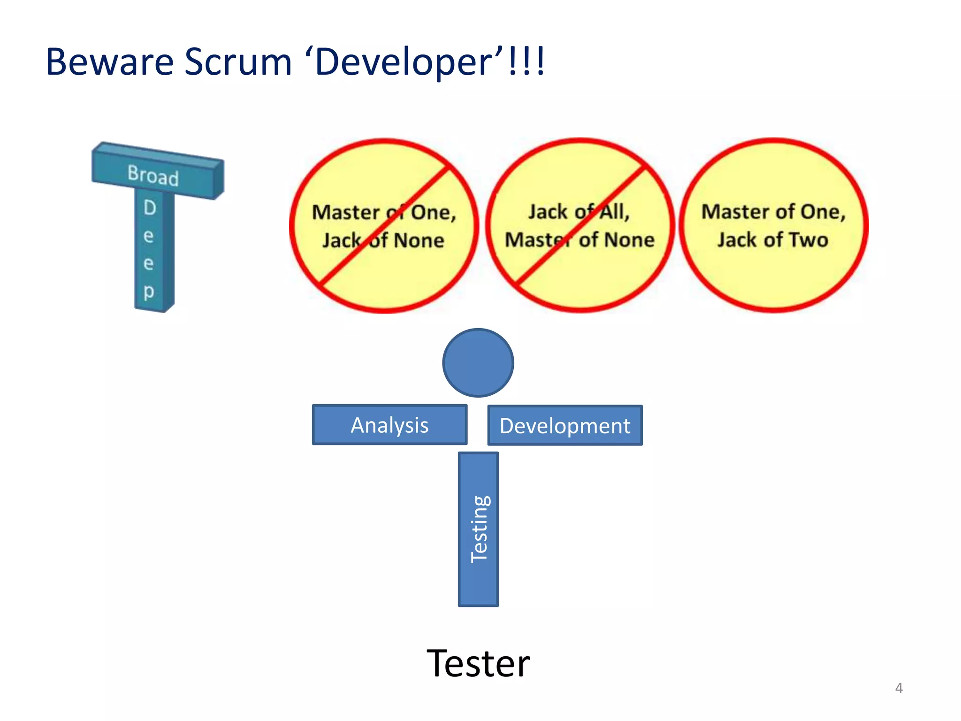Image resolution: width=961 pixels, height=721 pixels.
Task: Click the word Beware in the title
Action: coord(109,62)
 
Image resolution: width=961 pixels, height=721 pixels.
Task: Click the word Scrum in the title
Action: coord(238,62)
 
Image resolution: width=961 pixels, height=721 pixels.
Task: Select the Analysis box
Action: coord(389,425)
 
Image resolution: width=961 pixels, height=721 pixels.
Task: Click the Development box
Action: coord(565,426)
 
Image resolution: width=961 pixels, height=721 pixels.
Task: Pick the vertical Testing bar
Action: coord(478,529)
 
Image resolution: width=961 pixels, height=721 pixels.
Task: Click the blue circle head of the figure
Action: coord(478,363)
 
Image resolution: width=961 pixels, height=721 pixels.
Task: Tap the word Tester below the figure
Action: coord(478,663)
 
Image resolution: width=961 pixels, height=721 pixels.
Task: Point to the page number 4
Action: coord(899,688)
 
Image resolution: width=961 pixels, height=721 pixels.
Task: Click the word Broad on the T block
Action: coord(153,176)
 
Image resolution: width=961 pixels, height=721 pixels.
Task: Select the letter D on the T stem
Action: coord(150,207)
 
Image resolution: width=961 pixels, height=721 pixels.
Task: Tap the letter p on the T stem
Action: coord(149,291)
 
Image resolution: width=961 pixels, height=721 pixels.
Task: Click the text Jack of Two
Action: coord(773,240)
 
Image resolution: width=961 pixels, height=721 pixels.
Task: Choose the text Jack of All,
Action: coord(579,212)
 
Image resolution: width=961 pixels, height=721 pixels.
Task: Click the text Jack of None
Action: coord(383,240)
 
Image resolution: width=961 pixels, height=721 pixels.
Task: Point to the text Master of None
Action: coord(580,240)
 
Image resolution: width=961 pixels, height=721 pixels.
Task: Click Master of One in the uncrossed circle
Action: coord(773,212)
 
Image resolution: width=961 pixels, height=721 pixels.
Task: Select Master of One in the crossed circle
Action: coord(384,212)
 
